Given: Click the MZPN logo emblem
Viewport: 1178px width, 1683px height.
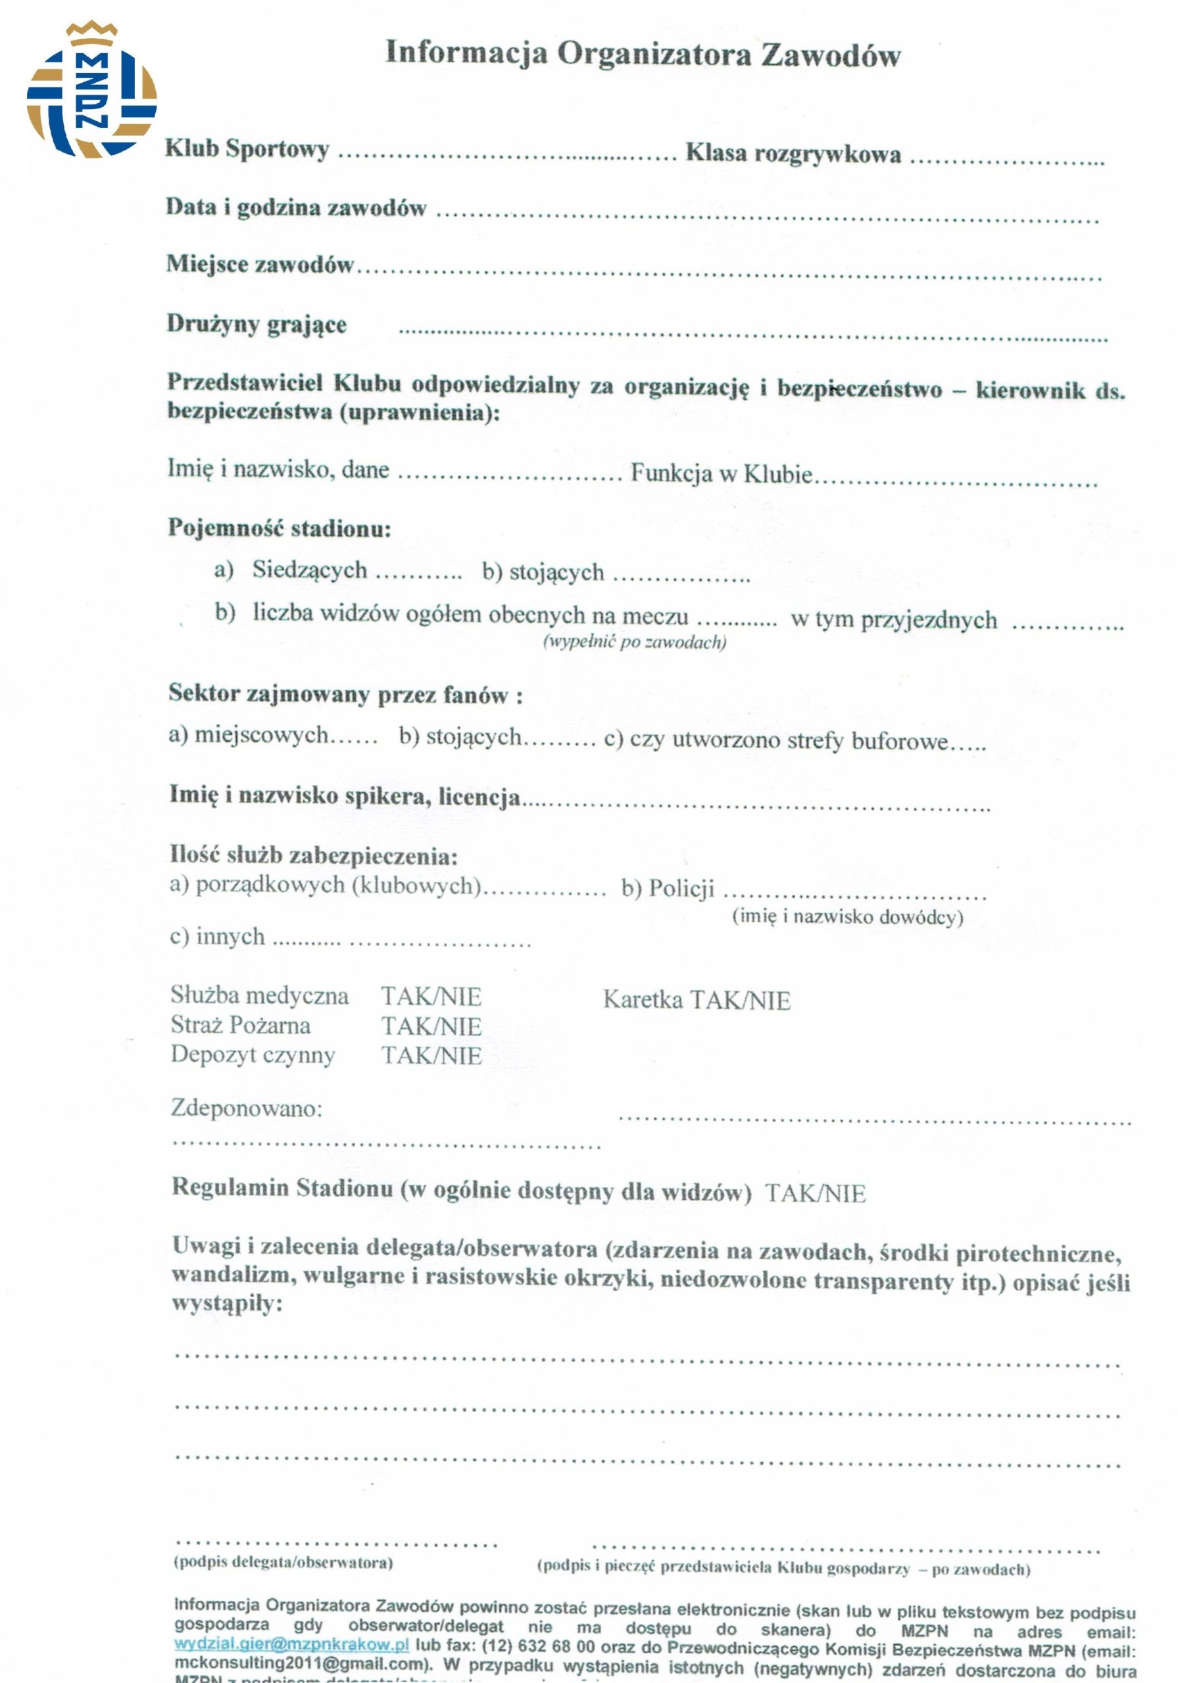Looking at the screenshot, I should (x=91, y=91).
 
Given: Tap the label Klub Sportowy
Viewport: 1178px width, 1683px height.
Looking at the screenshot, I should (x=247, y=149).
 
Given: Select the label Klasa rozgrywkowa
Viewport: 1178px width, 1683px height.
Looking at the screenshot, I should (x=793, y=153).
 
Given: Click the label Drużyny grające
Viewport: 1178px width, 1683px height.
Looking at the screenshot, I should (x=257, y=323).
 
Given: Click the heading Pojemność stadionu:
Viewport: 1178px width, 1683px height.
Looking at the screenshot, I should (x=280, y=528).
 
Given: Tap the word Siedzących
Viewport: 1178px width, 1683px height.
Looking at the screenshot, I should (x=310, y=569).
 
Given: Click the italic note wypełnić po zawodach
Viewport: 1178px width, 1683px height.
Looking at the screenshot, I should (x=635, y=642).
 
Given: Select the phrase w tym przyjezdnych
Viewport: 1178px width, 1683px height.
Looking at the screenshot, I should (x=893, y=619).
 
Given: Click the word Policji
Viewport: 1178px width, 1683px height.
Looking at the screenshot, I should (x=681, y=888).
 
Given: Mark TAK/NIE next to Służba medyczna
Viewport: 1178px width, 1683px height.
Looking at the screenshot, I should (x=431, y=997).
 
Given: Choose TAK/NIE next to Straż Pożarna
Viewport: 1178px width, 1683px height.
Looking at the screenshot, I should (x=431, y=1026).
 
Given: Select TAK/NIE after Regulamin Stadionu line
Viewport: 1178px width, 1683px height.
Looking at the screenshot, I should (x=815, y=1193).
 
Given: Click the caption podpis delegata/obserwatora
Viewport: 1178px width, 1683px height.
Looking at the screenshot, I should (x=283, y=1562).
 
